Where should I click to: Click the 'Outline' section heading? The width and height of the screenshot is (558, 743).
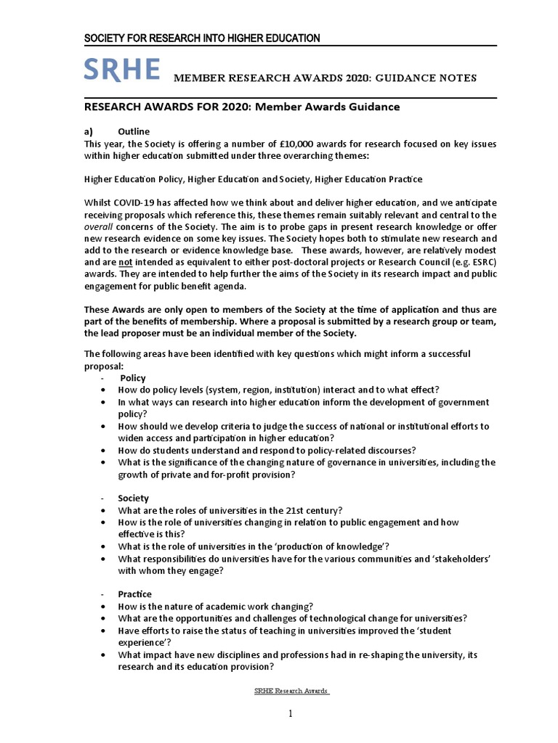[x=134, y=131]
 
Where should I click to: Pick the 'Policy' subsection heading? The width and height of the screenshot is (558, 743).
[x=133, y=378]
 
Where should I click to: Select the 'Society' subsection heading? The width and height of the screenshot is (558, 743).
[x=134, y=498]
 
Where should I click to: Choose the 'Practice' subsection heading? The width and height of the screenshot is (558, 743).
[x=135, y=594]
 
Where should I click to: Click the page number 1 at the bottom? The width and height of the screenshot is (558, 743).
[x=290, y=714]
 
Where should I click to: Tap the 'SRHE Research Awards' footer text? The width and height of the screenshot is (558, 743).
[x=292, y=691]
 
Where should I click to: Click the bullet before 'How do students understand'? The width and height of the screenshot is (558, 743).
[x=107, y=450]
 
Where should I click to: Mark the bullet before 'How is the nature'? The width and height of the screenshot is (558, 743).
[x=107, y=607]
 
